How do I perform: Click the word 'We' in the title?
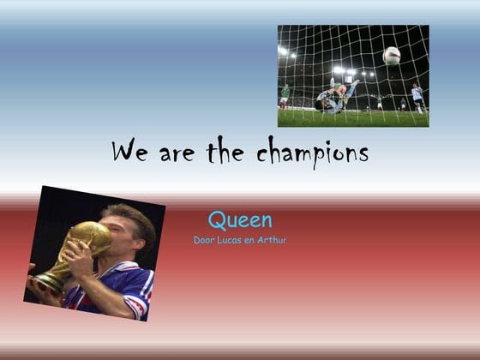129,153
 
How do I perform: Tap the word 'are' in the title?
176,154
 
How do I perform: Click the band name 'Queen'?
240,220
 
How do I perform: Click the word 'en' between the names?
250,240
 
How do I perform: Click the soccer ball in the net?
391,56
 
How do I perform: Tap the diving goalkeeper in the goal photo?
334,98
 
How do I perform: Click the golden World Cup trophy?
86,244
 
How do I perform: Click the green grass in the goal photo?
360,118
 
